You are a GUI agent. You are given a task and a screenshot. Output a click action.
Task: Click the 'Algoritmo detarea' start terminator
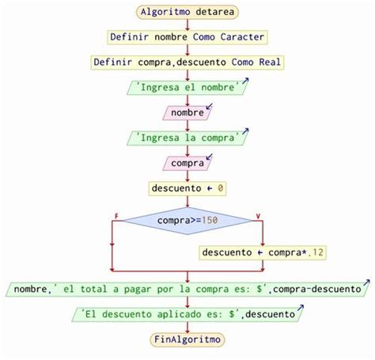(187, 12)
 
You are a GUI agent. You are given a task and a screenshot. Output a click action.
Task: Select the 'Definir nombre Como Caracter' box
(187, 37)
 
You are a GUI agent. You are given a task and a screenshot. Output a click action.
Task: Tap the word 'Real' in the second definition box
(270, 63)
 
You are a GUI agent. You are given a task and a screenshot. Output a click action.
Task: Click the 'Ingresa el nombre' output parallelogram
(187, 88)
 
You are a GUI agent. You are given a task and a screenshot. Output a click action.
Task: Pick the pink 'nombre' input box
(187, 113)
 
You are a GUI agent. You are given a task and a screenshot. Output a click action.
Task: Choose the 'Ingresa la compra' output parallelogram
(187, 138)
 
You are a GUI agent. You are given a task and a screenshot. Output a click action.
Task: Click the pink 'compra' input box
(187, 163)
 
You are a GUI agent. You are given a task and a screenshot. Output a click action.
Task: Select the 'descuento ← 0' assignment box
(187, 188)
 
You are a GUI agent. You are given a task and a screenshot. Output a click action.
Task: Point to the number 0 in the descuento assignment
(221, 188)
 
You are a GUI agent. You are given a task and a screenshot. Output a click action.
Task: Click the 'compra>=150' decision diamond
(187, 221)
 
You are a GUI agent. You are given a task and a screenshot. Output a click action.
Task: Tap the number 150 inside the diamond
(210, 220)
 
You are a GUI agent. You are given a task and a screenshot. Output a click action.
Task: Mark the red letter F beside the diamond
(116, 216)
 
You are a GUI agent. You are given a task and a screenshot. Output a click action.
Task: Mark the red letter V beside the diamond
(258, 216)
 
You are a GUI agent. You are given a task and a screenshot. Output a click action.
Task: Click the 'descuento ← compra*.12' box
(263, 252)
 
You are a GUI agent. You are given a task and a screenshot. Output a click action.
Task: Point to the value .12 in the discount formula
(316, 252)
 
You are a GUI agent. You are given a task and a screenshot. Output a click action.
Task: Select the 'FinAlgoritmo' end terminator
(187, 339)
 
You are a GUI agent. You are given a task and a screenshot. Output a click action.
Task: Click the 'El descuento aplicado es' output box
(187, 314)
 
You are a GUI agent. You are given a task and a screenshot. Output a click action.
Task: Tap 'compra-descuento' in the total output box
(317, 289)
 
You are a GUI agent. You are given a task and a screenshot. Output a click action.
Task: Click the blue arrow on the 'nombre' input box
(209, 106)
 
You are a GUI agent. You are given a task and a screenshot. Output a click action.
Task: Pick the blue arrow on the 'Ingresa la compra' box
(245, 131)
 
